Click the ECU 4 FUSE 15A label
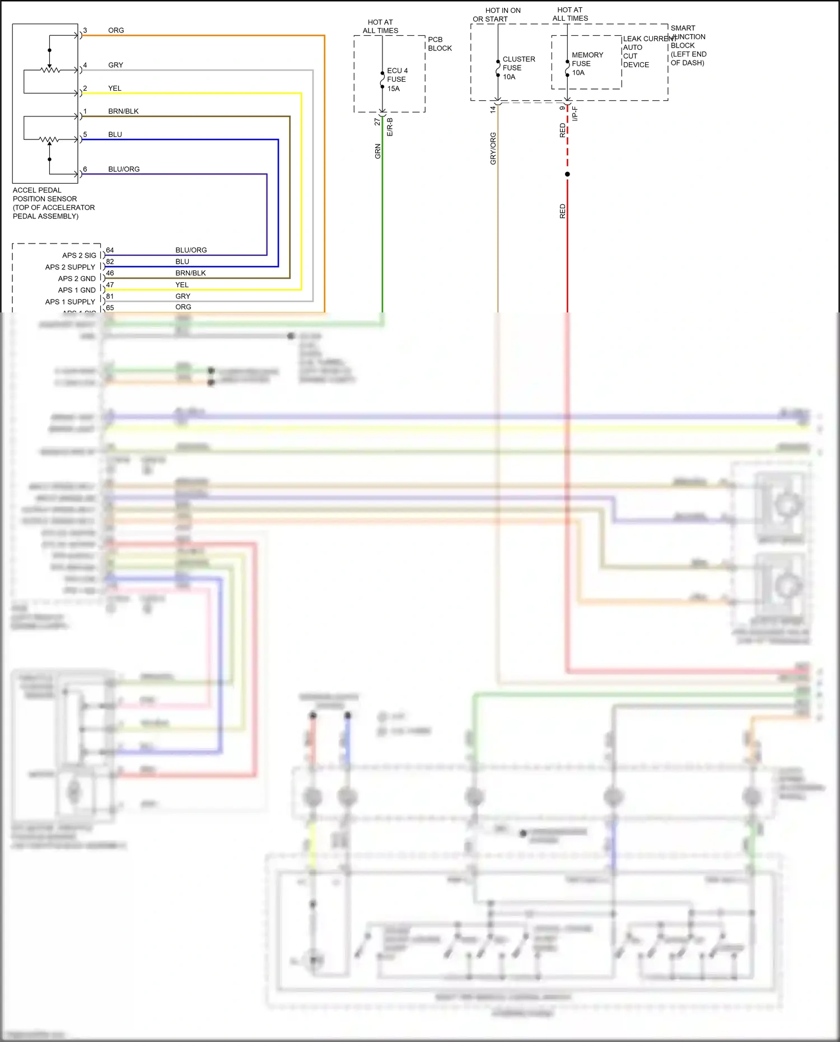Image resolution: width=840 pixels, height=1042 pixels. (x=397, y=80)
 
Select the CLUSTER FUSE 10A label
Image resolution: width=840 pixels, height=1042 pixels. (x=518, y=68)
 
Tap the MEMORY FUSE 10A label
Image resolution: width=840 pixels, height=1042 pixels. (x=587, y=64)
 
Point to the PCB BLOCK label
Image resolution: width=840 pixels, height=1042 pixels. (x=440, y=44)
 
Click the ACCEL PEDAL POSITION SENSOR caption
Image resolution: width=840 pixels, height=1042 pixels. (x=53, y=203)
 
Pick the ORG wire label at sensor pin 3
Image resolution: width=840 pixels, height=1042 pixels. (x=116, y=30)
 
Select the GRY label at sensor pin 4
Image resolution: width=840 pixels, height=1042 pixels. (x=115, y=65)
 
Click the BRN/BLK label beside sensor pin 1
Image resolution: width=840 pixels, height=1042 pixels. (x=123, y=111)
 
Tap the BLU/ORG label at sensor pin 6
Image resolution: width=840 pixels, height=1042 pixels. (x=124, y=169)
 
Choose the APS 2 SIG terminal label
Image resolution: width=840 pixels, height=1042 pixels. (x=79, y=255)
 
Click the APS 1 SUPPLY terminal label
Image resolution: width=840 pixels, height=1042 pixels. (x=70, y=302)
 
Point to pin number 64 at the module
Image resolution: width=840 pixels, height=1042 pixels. (x=110, y=250)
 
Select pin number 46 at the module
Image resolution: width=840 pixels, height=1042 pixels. (x=110, y=273)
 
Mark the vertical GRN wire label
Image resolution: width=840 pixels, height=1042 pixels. (x=378, y=151)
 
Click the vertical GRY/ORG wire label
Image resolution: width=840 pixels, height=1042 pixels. (x=493, y=148)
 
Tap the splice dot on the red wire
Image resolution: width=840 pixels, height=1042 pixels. (x=567, y=174)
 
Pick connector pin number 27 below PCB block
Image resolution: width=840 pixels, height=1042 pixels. (x=377, y=122)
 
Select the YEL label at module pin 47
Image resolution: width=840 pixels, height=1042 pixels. (x=182, y=285)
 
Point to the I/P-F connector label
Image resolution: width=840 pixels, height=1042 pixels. (x=575, y=114)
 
